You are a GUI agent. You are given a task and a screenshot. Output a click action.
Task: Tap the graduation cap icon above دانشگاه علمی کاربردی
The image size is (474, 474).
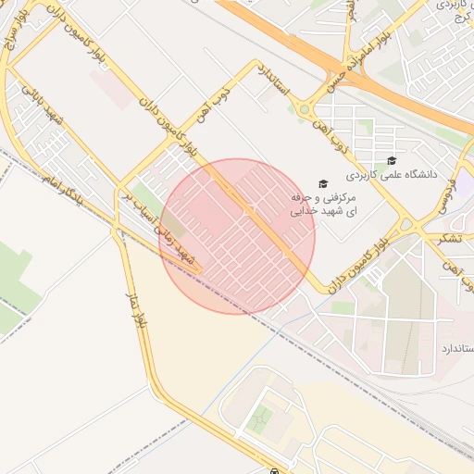392,160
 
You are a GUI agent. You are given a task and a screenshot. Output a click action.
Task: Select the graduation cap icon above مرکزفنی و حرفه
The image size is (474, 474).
322,184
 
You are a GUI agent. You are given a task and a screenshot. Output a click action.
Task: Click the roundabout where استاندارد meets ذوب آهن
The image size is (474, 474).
304,110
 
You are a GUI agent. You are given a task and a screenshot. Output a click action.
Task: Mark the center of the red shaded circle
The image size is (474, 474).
237,236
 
